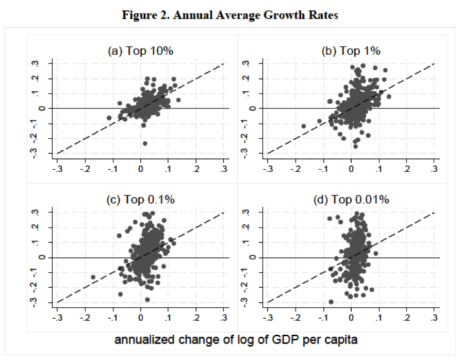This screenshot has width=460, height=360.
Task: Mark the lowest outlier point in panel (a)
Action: [145, 143]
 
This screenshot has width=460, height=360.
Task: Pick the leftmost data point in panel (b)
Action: [304, 126]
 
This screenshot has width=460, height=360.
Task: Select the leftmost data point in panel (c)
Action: [93, 277]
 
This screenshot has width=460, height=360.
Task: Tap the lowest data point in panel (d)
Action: [331, 302]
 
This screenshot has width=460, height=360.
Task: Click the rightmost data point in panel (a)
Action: [178, 100]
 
